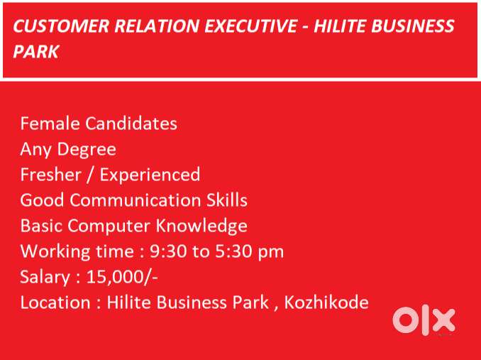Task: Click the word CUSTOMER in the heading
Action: coord(61,26)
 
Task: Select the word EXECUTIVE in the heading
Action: coord(251,26)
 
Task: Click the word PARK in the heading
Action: coord(35,51)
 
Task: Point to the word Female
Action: coord(50,124)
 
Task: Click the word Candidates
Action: coord(131,124)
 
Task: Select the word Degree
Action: coord(87,150)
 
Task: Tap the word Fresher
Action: coord(51,175)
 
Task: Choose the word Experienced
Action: coord(150,175)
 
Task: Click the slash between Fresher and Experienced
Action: coord(91,175)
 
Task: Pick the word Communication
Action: coord(135,200)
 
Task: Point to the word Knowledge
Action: coord(201,227)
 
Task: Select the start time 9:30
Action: coord(168,251)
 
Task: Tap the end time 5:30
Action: coord(233,251)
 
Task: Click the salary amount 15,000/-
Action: coord(122,278)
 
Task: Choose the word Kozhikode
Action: coord(326,302)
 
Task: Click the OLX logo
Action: coord(424,321)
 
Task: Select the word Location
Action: coord(55,302)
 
